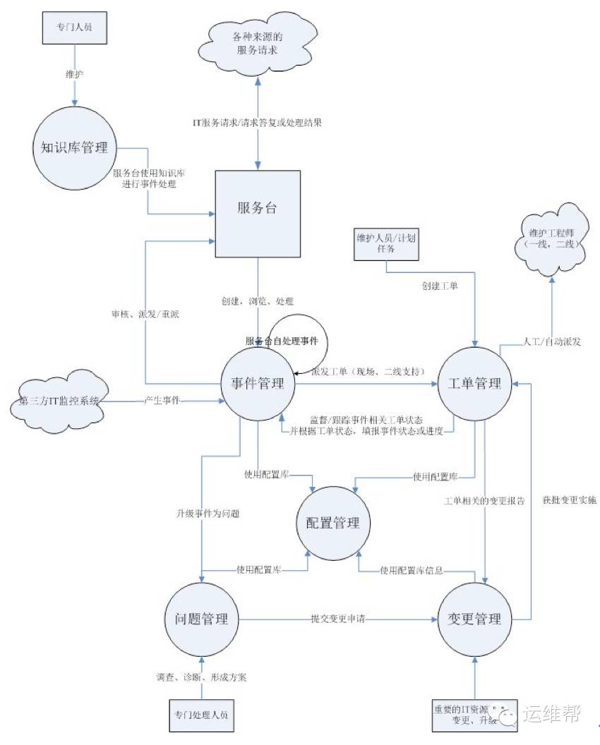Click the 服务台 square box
(258, 210)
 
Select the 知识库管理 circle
(75, 148)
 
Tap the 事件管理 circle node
(258, 384)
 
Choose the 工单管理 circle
(474, 384)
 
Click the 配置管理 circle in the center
(332, 523)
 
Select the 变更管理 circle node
(474, 619)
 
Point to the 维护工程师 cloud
(553, 238)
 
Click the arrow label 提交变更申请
(339, 619)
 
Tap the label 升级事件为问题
(208, 514)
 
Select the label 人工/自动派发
(552, 340)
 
